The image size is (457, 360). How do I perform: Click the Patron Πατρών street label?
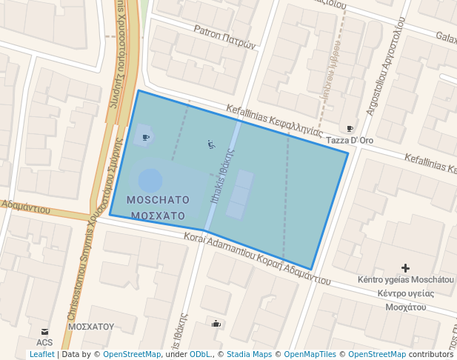pos(224,37)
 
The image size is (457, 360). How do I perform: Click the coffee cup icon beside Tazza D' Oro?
pos(350,129)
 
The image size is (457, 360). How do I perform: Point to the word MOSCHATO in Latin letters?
pos(158,200)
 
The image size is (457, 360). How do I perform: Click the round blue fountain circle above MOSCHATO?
pos(150,180)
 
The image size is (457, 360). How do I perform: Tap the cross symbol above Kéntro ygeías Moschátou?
pos(405,267)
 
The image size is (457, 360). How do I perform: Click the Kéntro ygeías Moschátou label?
pos(405,279)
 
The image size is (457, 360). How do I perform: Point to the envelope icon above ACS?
pos(44,331)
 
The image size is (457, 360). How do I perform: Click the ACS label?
pos(44,342)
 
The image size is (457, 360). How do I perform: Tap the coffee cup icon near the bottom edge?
pos(216,323)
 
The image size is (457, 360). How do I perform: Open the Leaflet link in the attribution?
pos(41,355)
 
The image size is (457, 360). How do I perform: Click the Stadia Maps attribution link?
pos(249,355)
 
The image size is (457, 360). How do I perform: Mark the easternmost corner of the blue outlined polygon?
pos(348,154)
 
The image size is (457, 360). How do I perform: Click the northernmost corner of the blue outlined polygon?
pos(139,91)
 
